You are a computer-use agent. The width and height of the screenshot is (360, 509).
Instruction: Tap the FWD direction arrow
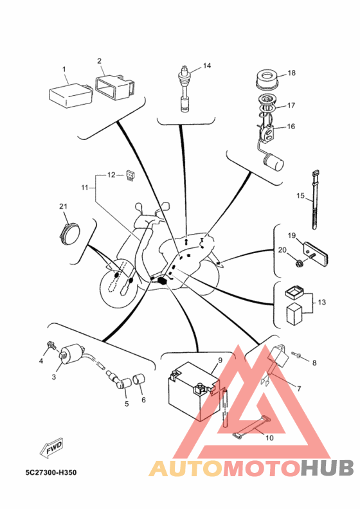pos(51,449)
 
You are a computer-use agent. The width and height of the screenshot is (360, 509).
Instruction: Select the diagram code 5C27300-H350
pos(51,472)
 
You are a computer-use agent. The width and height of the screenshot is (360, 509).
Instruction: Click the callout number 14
pos(207,66)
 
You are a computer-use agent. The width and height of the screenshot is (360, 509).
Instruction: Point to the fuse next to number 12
pos(130,175)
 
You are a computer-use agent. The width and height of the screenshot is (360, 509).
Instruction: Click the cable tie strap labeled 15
pos(314,200)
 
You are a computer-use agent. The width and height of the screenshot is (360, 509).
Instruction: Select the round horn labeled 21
pos(69,232)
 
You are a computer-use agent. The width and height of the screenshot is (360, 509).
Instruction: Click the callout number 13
pos(321,302)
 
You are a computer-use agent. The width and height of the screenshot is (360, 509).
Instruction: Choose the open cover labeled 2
pos(115,87)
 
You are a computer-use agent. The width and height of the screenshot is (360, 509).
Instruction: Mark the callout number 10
pos(270,438)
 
